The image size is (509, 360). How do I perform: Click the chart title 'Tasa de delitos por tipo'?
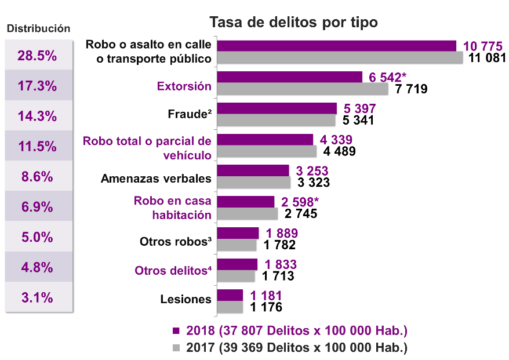293,23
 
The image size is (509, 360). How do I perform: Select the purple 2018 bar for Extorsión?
289,77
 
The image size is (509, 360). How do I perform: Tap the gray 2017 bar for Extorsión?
302,88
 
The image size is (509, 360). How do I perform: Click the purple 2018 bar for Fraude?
277,108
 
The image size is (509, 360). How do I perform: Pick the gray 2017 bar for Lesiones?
230,307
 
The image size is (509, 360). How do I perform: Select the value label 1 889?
282,233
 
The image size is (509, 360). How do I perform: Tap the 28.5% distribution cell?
37,56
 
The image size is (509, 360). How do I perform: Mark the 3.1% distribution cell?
37,298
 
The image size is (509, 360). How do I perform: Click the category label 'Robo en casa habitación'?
172,208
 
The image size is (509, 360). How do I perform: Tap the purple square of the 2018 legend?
177,331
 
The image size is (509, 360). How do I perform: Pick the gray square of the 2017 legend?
177,348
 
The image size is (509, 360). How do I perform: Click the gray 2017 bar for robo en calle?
340,57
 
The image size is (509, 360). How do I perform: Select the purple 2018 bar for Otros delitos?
237,264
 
